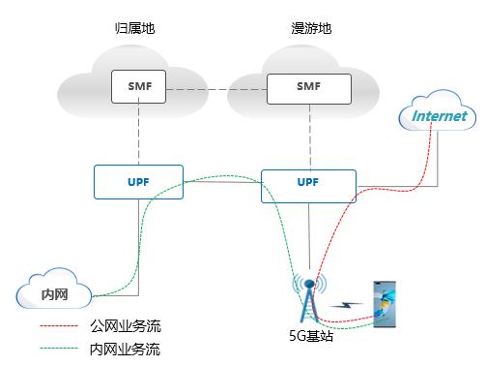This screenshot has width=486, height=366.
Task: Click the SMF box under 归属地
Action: point(137,86)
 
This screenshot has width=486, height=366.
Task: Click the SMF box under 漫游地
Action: point(310,86)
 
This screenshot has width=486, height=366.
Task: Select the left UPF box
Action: point(137,182)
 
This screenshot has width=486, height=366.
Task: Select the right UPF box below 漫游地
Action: point(308,182)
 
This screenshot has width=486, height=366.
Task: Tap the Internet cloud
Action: point(439,117)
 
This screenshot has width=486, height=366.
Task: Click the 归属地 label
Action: point(134,28)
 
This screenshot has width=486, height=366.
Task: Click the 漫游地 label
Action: point(310,28)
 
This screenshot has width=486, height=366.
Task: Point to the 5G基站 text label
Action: point(310,340)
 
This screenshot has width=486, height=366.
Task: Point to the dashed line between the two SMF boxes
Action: point(214,89)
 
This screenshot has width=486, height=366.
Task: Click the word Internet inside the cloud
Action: point(440,116)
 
